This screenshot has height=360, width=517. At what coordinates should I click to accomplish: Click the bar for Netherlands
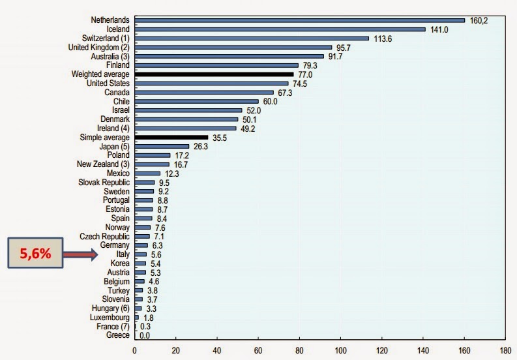coord(299,20)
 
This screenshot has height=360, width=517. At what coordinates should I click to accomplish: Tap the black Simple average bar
coord(171,138)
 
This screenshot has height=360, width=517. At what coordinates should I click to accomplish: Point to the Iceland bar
coord(280,29)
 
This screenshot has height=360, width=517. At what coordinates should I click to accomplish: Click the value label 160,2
coord(478,20)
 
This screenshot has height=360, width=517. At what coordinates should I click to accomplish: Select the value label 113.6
coord(382,38)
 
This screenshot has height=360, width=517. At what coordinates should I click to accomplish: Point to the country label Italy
coord(122,254)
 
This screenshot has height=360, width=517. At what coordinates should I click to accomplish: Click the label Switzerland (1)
coord(102,38)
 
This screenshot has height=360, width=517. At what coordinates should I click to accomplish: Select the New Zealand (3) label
coord(102,164)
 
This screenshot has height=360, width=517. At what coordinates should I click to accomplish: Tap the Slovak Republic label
coord(104,183)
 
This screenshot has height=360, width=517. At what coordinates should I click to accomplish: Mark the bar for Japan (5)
coord(162,147)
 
